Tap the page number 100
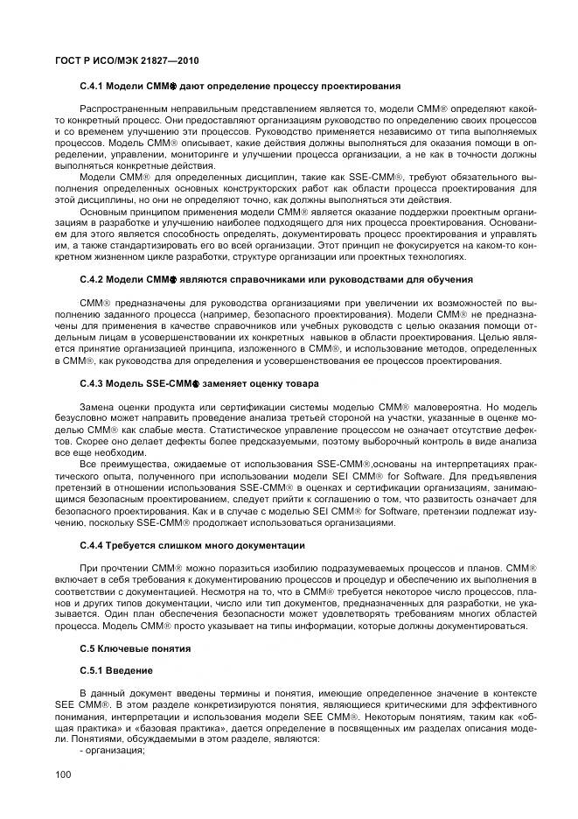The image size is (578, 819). [62, 773]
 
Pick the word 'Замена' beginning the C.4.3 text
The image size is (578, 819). [94, 407]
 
